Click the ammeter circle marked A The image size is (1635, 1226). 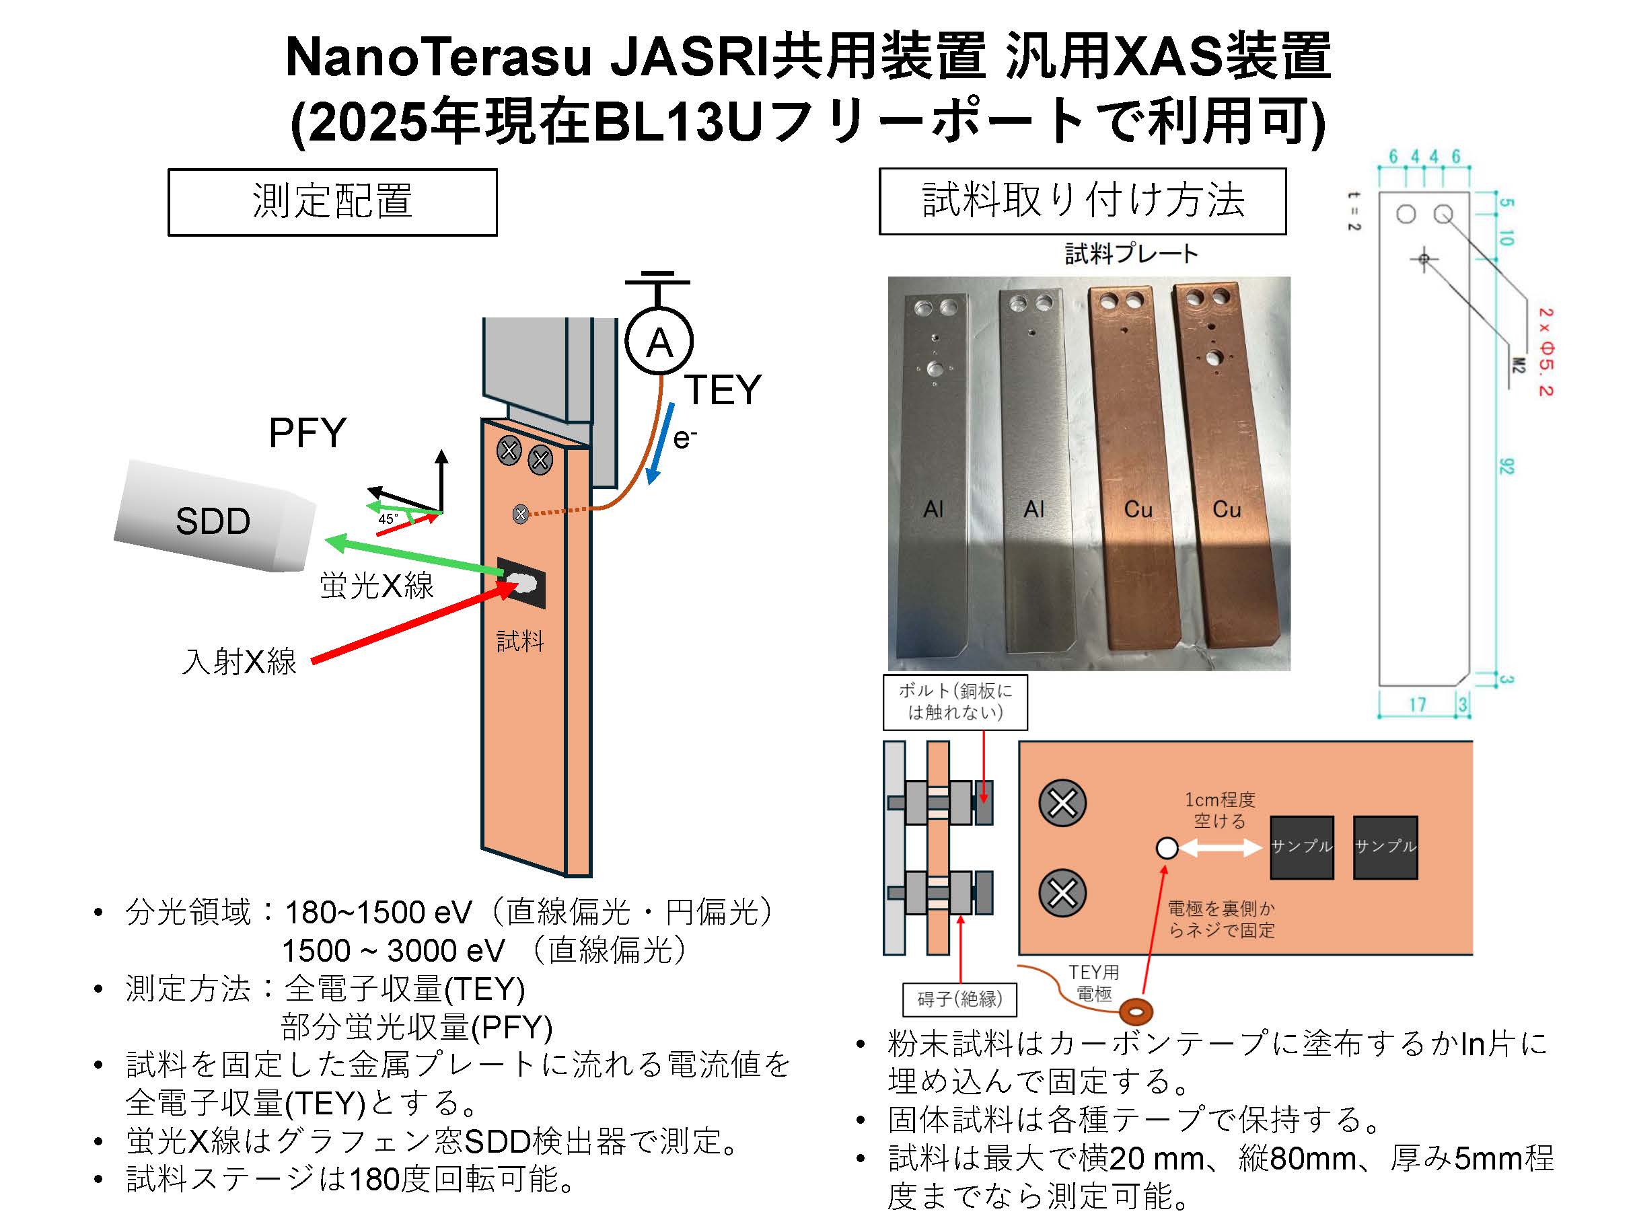659,342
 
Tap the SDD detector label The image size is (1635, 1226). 213,521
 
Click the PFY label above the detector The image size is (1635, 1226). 307,433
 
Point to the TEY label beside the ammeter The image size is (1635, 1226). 722,389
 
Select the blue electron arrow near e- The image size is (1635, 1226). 659,443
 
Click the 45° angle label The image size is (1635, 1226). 388,519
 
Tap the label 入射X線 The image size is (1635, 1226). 240,660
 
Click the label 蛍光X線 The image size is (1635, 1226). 376,585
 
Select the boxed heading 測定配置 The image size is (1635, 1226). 332,202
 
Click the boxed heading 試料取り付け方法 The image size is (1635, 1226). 1082,201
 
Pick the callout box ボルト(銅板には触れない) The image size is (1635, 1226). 955,701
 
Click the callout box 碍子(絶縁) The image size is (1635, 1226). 959,999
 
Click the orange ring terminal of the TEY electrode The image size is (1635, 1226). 1136,1010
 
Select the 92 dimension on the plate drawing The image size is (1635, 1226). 1506,466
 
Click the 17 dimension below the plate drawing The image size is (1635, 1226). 1416,703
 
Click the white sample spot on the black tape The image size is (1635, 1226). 523,584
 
